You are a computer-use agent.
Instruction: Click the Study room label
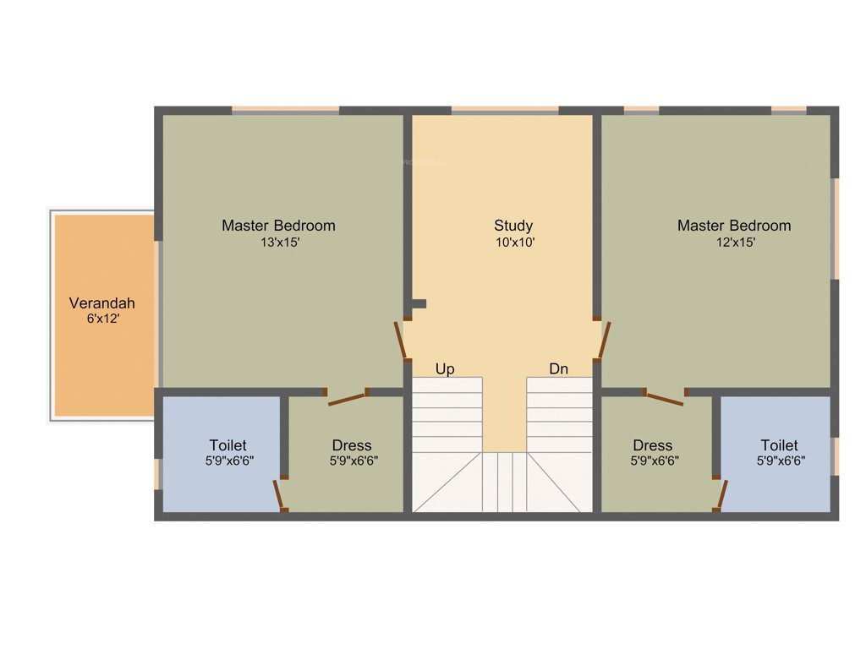click(513, 226)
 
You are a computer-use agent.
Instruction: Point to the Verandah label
click(101, 303)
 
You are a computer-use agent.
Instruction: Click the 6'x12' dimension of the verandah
click(101, 319)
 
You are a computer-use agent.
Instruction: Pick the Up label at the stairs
click(445, 369)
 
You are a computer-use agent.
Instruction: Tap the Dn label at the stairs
click(559, 369)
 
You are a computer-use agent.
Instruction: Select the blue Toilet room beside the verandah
click(221, 454)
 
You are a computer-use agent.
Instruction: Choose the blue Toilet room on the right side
click(776, 454)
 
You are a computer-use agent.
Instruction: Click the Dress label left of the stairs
click(352, 445)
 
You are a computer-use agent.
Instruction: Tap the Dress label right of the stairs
click(652, 445)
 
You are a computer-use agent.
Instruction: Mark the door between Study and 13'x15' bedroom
click(401, 341)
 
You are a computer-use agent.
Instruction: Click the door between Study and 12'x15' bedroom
click(604, 341)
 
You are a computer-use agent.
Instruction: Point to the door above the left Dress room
click(347, 397)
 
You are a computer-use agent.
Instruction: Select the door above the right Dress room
click(664, 397)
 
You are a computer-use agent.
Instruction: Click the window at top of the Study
click(505, 110)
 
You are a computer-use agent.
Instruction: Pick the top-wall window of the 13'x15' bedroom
click(285, 110)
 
